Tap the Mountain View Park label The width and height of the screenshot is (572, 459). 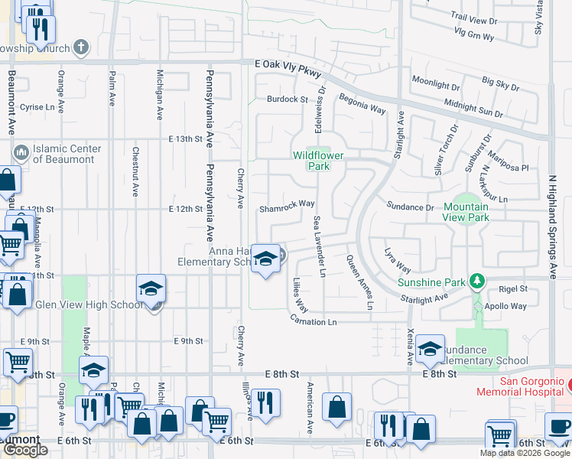[x=466, y=212]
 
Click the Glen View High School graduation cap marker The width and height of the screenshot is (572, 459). [x=151, y=289]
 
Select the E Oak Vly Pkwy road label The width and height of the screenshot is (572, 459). [x=288, y=67]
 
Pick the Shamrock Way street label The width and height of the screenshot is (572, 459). [x=287, y=204]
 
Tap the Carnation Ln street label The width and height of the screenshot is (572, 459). [x=313, y=322]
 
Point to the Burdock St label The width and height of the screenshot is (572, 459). [x=287, y=99]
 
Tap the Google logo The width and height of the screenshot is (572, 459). [x=25, y=450]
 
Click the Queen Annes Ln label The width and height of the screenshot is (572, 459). [x=360, y=282]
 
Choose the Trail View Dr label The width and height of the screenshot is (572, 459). [x=474, y=15]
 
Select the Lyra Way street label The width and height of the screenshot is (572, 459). [x=398, y=260]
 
